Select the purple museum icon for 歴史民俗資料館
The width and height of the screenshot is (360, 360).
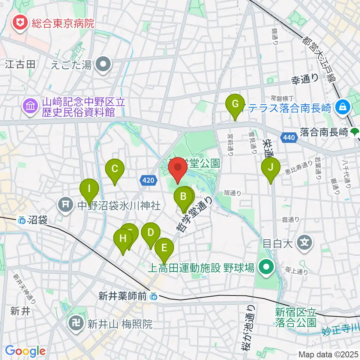pyautogui.click(x=30, y=106)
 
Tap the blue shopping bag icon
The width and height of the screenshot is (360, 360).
pyautogui.click(x=343, y=108)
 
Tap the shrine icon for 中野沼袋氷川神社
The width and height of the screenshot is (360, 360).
pyautogui.click(x=66, y=205)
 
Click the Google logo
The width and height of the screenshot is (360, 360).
pyautogui.click(x=25, y=351)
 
